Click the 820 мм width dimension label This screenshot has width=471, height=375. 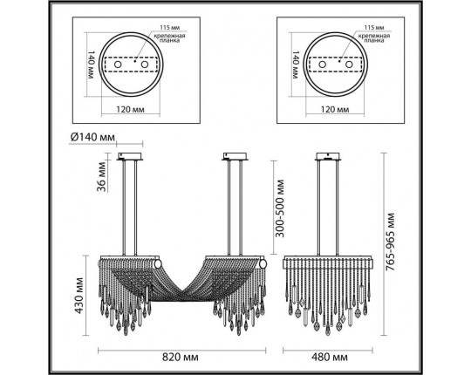pos(181,358)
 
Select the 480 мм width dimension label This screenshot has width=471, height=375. pos(330,358)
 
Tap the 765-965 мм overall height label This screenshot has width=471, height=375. pos(390,242)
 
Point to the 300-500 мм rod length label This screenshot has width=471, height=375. pos(280,208)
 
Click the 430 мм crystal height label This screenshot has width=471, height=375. pos(78,296)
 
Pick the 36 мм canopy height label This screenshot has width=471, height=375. pos(101,177)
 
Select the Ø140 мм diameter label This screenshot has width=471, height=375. pos(92,137)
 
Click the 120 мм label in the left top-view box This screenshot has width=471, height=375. pos(130,109)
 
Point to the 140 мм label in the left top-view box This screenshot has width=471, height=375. pos(91,65)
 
